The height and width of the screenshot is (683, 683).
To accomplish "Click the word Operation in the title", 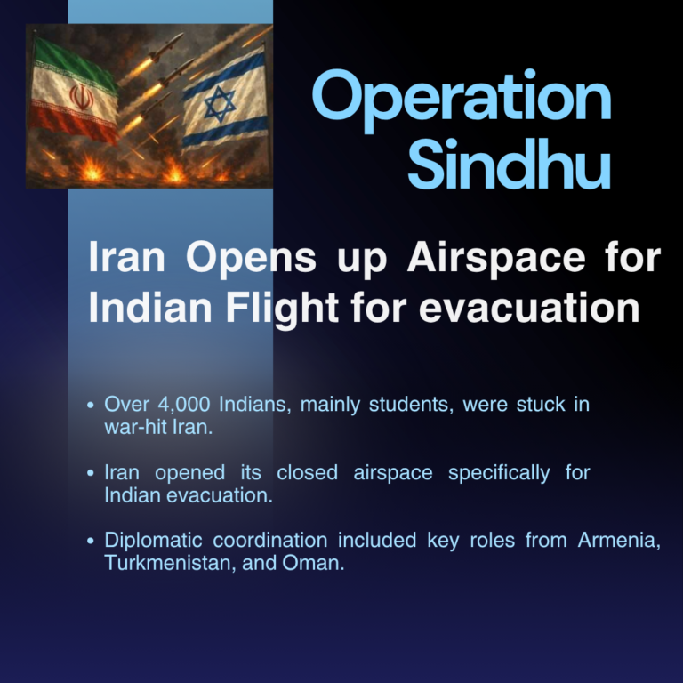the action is pyautogui.click(x=462, y=100).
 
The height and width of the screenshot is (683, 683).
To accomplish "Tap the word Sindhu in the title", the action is pyautogui.click(x=509, y=164).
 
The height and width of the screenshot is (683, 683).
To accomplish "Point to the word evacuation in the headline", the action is pyautogui.click(x=529, y=308).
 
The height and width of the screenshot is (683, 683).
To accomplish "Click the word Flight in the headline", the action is pyautogui.click(x=282, y=309).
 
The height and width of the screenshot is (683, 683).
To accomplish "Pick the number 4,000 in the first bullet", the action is pyautogui.click(x=184, y=405).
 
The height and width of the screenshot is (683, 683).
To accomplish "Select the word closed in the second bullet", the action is pyautogui.click(x=307, y=472).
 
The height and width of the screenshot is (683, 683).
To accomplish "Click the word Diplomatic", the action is pyautogui.click(x=153, y=541).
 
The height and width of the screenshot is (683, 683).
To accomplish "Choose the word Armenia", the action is pyautogui.click(x=619, y=541).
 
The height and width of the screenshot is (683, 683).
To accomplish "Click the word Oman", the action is pyautogui.click(x=313, y=563).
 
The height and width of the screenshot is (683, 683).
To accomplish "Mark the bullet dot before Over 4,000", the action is pyautogui.click(x=91, y=406).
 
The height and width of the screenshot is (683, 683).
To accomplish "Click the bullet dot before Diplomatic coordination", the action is pyautogui.click(x=91, y=541).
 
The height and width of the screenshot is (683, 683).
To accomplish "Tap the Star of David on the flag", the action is pyautogui.click(x=220, y=104).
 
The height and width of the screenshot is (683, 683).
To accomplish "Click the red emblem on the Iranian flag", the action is pyautogui.click(x=82, y=97).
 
